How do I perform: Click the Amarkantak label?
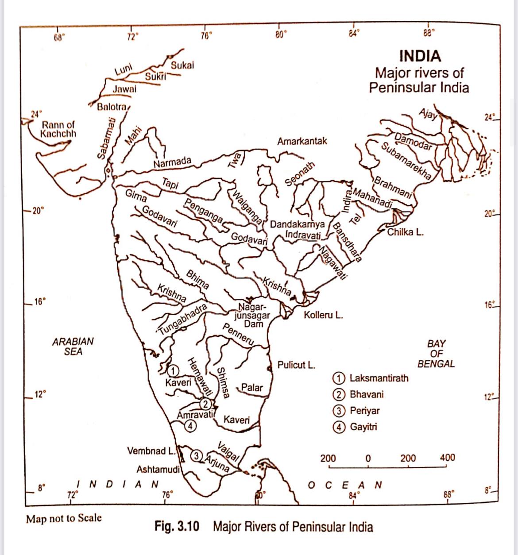[x=302, y=141]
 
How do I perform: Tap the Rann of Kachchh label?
[x=58, y=129]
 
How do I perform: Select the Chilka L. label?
[x=405, y=232]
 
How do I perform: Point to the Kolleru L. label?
[x=323, y=316]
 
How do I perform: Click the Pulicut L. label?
[x=296, y=365]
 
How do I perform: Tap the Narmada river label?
[x=172, y=162]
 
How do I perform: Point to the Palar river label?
[x=252, y=388]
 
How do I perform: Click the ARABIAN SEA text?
[x=73, y=347]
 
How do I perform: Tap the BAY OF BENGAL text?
[x=436, y=354]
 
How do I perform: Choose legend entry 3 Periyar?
[x=358, y=410]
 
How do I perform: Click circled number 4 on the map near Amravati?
[x=190, y=426]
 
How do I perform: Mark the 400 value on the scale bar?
[x=447, y=458]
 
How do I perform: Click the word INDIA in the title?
[x=420, y=56]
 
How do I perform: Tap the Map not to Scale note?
[x=64, y=518]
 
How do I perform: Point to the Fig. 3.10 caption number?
[x=177, y=527]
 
